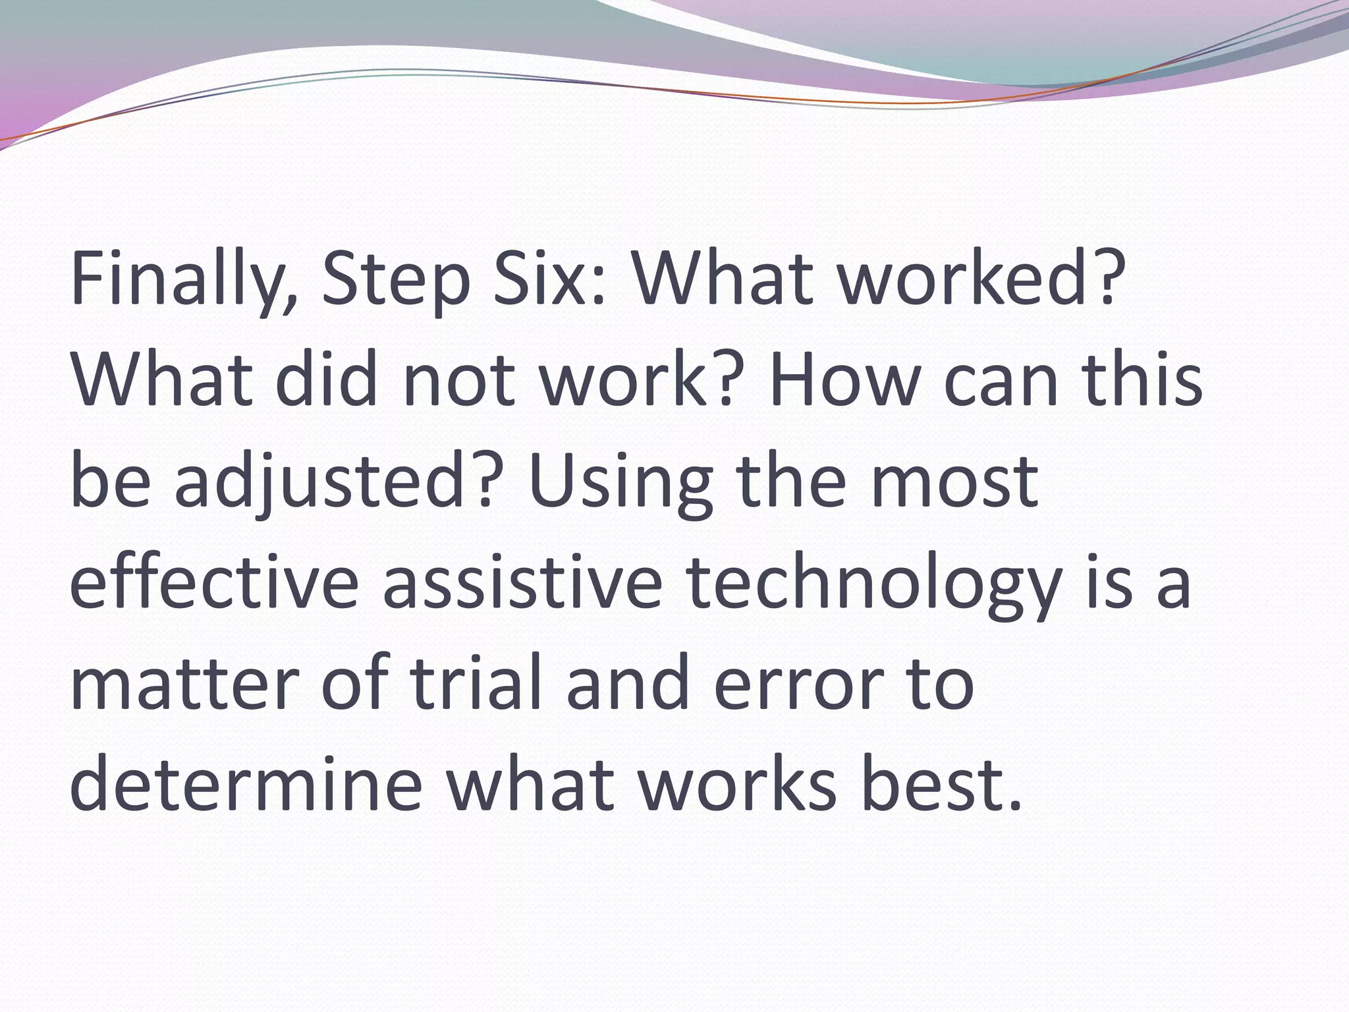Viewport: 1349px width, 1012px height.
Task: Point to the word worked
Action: click(982, 278)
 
